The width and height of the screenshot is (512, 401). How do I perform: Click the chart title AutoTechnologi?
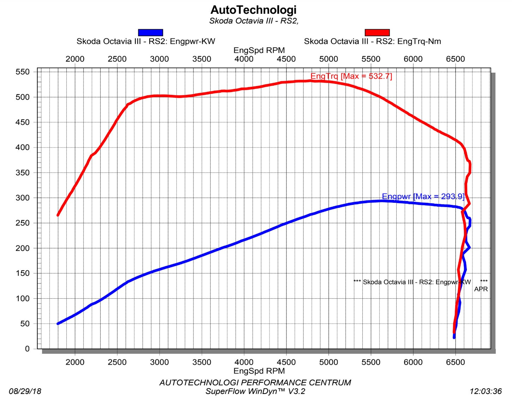pos(253,10)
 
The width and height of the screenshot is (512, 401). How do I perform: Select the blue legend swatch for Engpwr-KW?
pos(150,32)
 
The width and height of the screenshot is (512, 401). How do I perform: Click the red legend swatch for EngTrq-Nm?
pos(377,32)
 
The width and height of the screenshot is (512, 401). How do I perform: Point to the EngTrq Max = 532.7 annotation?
pos(351,76)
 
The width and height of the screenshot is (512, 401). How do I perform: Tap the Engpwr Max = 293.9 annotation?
pos(423,196)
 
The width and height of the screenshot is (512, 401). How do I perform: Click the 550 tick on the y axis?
pos(23,72)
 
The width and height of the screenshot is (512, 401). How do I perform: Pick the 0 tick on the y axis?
pos(28,349)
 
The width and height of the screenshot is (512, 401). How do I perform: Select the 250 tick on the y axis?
pos(23,223)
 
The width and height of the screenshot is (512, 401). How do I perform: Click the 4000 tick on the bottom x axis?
pos(244,362)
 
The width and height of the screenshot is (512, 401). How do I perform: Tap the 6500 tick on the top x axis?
pos(455,59)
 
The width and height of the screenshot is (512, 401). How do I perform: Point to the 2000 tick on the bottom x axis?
pos(75,362)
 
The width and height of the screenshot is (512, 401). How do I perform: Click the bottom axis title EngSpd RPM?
pos(259,371)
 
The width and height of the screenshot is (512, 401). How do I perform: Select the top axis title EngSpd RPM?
pos(259,50)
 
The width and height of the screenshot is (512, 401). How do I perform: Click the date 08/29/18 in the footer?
pos(25,391)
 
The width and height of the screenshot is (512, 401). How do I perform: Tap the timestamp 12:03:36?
pos(486,391)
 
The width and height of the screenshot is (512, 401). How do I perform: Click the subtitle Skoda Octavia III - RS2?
pos(254,21)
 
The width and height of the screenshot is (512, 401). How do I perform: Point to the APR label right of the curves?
pos(481,289)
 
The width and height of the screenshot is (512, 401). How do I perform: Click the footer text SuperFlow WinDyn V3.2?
pos(255,391)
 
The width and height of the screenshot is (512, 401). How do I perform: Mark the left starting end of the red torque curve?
pos(58,215)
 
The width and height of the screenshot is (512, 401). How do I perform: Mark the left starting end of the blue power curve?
pos(58,323)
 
